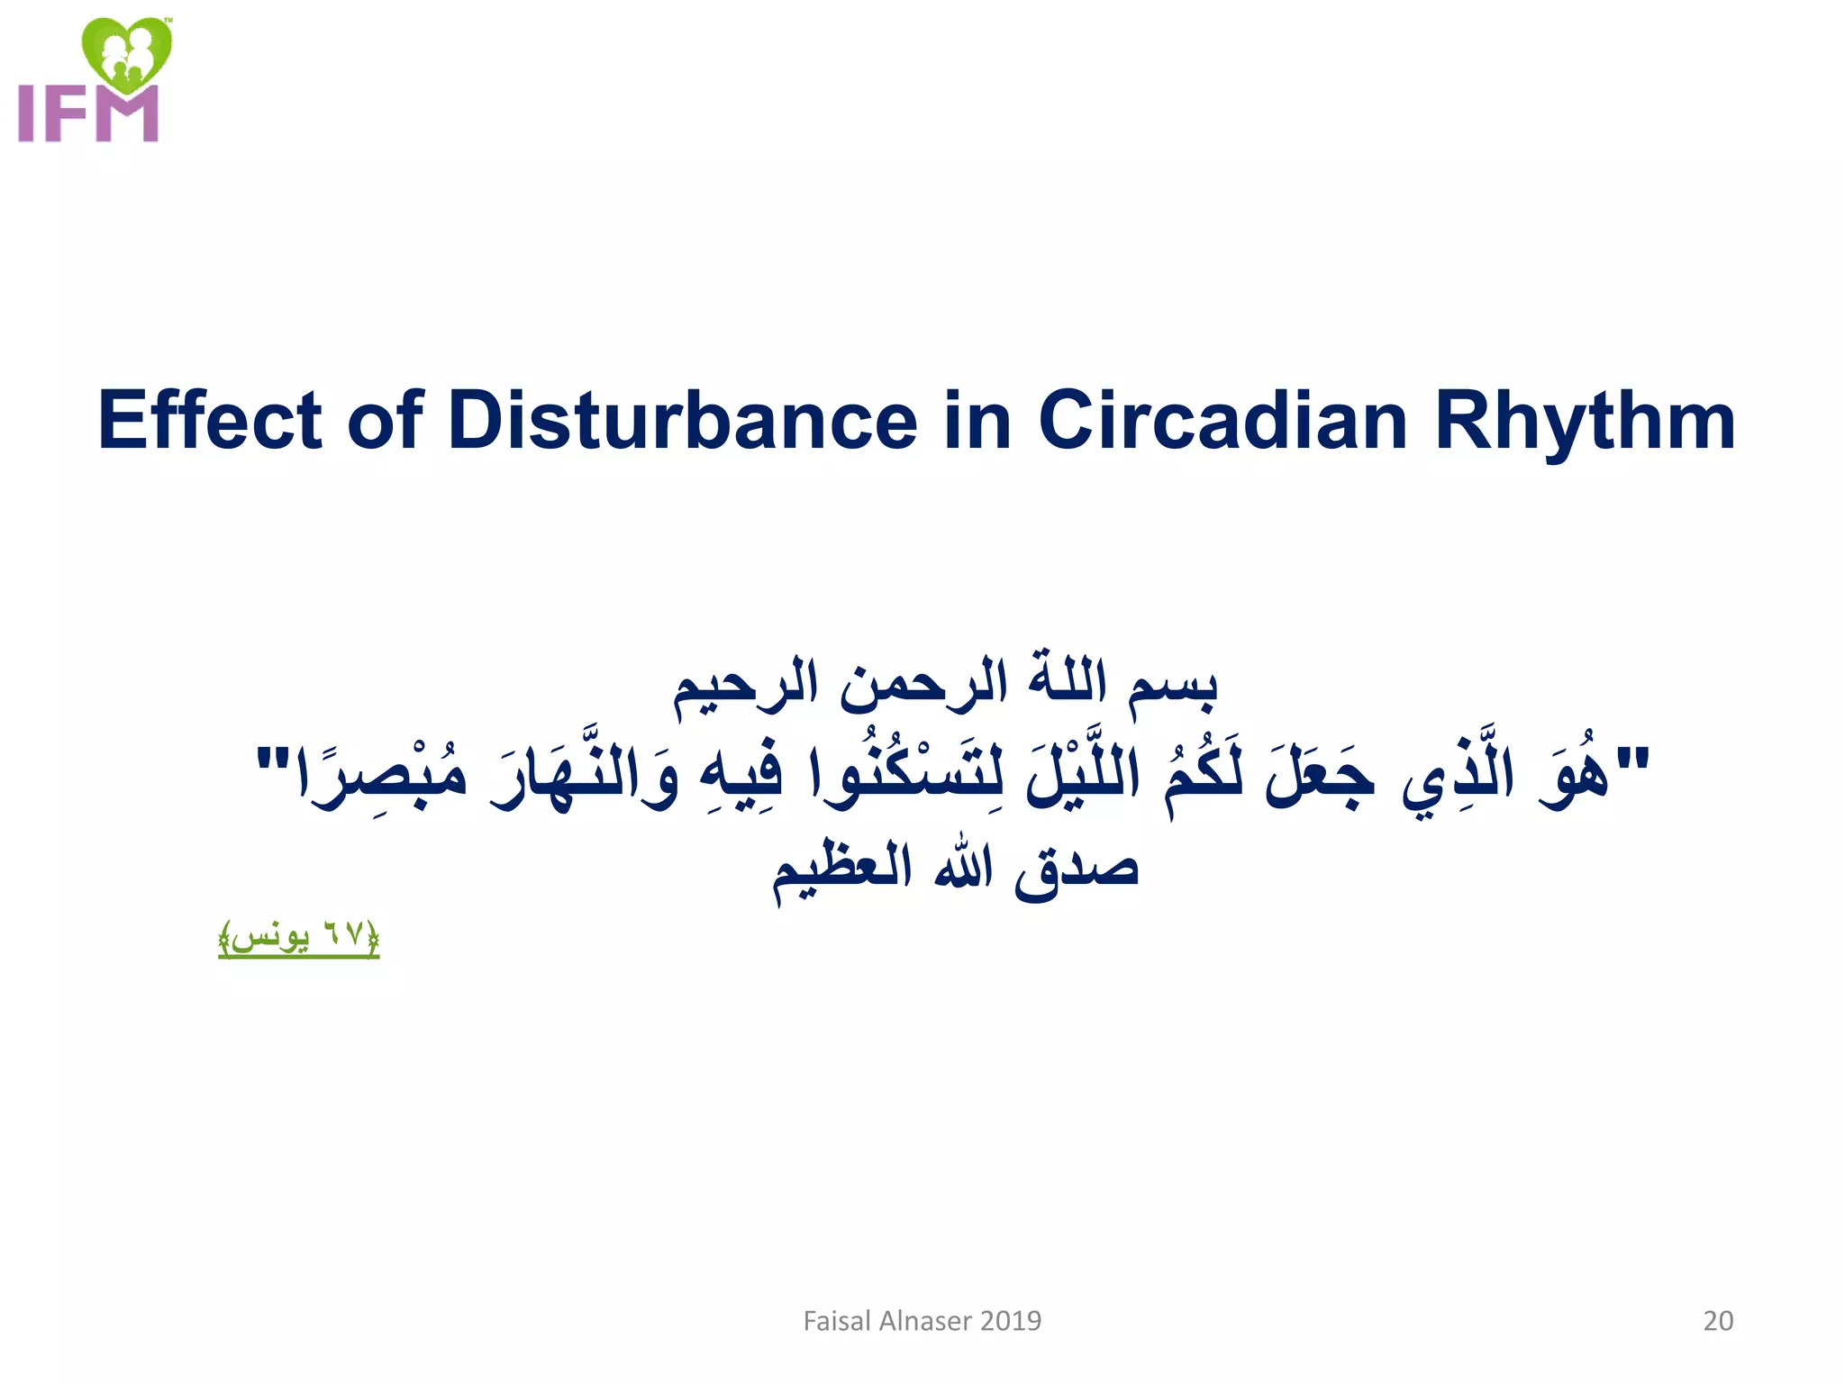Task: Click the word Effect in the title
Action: (209, 421)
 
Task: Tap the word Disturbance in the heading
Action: (682, 421)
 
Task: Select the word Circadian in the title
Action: (1222, 421)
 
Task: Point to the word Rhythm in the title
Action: (1585, 421)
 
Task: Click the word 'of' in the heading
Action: (385, 421)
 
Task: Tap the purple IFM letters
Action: (88, 114)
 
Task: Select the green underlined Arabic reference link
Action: (298, 938)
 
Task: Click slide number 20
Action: (1717, 1321)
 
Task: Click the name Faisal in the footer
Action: (837, 1321)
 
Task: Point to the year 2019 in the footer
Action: (1010, 1321)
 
